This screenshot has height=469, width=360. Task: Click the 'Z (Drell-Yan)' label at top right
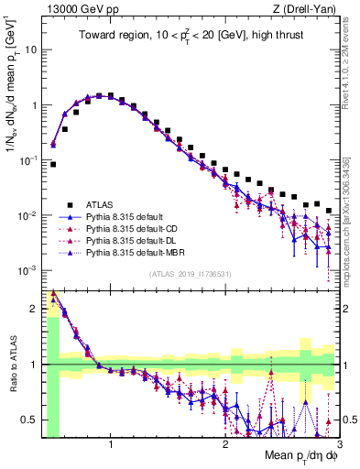(x=309, y=10)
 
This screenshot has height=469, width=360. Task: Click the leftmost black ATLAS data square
(x=53, y=165)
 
